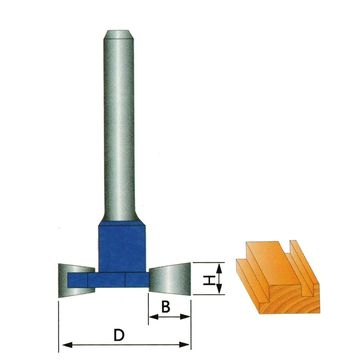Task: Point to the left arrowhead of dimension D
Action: click(65, 346)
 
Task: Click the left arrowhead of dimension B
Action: click(153, 319)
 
